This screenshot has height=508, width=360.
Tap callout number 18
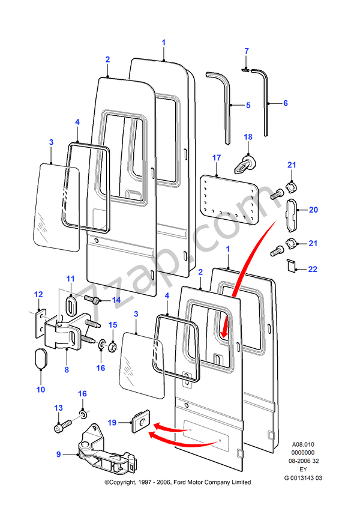(x=248, y=138)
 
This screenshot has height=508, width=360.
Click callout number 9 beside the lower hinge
(x=59, y=455)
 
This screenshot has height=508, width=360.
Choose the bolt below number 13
(x=59, y=428)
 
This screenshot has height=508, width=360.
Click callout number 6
(x=286, y=103)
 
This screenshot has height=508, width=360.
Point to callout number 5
(x=248, y=105)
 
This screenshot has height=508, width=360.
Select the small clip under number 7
(x=246, y=70)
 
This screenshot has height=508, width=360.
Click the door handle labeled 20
(x=290, y=215)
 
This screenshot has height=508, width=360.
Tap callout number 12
(x=38, y=294)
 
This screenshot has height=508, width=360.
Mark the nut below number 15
(x=112, y=345)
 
